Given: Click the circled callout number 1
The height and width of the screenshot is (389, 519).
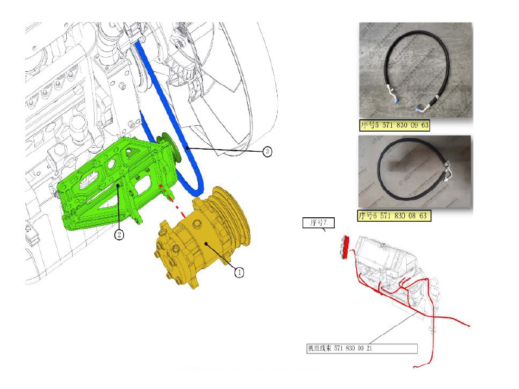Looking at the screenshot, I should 239,272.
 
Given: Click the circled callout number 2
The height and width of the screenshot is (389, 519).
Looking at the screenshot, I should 119,235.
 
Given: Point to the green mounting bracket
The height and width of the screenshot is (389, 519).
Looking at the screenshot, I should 104,188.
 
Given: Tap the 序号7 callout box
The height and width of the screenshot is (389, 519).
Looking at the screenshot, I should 317,224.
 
